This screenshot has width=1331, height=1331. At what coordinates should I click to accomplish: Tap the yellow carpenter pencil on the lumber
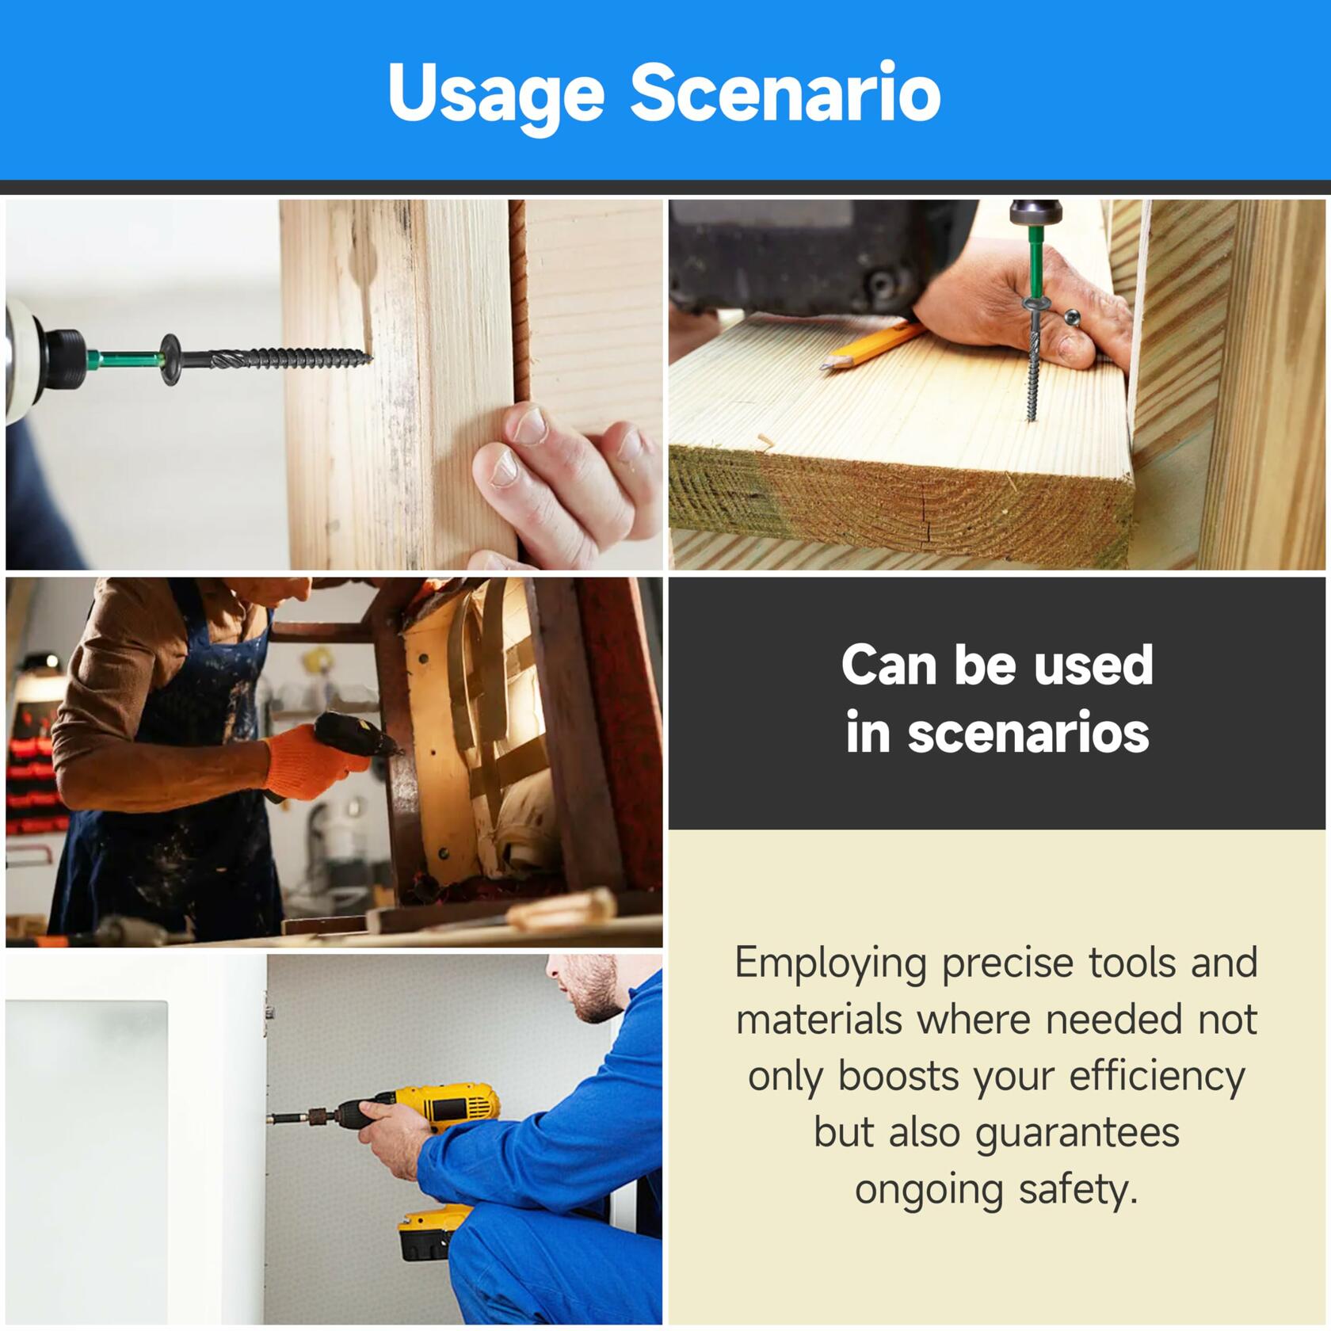[x=872, y=345]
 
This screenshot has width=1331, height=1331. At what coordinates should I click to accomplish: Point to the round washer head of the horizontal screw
[x=171, y=360]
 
